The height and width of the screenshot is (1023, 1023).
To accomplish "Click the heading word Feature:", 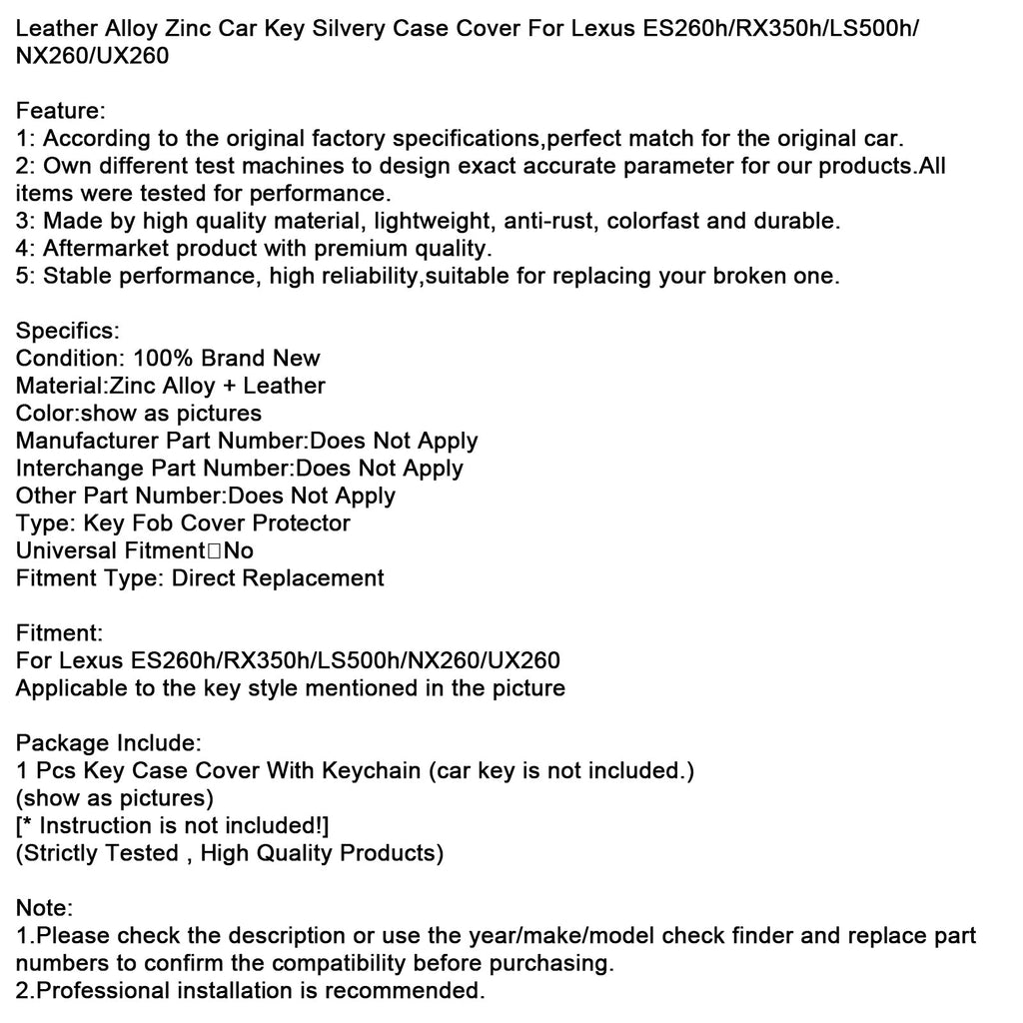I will [61, 111].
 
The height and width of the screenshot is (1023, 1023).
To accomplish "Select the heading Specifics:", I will [68, 331].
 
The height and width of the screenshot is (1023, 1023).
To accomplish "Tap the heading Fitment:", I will [59, 632].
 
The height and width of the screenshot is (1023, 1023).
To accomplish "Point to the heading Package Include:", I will [109, 742].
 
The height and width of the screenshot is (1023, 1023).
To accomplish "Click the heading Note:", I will [44, 908].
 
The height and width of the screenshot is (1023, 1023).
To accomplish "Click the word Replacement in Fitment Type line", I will [311, 577].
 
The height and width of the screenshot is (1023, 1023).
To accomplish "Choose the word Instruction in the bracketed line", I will [93, 825].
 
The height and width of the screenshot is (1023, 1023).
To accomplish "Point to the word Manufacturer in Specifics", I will [87, 441].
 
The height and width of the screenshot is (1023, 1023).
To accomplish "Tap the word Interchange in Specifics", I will [80, 468].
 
